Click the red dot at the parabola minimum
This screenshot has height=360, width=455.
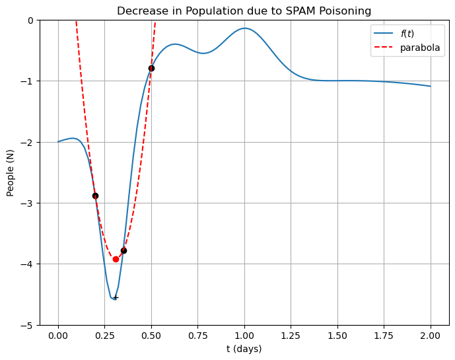(116, 259)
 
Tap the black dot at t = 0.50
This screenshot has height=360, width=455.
(151, 68)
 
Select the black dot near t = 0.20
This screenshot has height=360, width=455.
(95, 196)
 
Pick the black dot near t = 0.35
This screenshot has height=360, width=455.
(123, 250)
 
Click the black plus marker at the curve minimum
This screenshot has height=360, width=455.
(116, 298)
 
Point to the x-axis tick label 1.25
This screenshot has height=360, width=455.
(291, 336)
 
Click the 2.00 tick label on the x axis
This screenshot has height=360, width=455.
(431, 336)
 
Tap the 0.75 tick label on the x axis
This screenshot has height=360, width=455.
(197, 336)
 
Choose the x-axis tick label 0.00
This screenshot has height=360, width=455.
(58, 336)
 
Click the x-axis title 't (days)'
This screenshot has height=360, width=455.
(244, 349)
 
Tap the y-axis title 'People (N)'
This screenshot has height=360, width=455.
(10, 173)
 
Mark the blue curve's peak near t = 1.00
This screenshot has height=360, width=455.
(244, 28)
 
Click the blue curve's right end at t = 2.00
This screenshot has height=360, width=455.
(431, 86)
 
